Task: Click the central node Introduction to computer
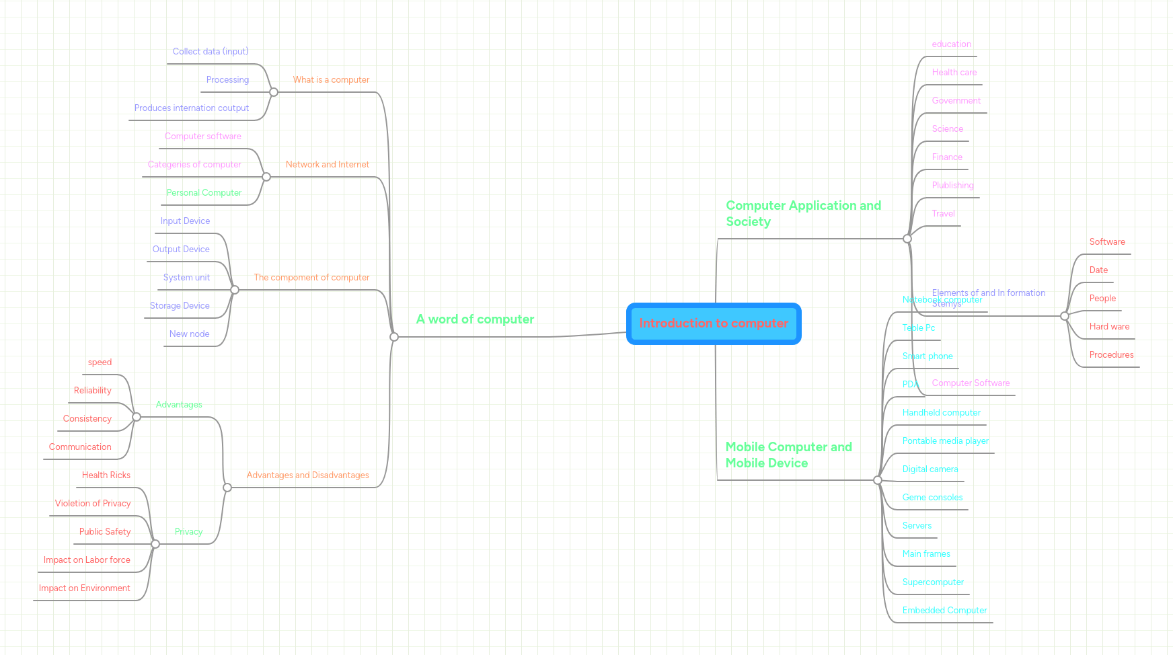point(714,323)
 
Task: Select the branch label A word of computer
point(475,319)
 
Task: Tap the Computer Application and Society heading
point(803,213)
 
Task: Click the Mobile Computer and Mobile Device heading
point(788,455)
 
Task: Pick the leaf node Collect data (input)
point(211,52)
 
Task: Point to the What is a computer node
point(331,80)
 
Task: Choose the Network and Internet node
point(328,165)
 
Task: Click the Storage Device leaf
point(180,306)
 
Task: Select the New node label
point(189,334)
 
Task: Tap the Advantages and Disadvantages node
point(307,475)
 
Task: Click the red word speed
point(100,362)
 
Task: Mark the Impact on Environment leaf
point(85,588)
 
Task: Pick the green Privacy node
point(188,532)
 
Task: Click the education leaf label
point(951,44)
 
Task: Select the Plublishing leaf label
point(952,186)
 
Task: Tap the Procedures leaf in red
point(1111,355)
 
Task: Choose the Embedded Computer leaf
point(944,611)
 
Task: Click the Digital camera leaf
point(930,469)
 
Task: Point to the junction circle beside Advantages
point(137,417)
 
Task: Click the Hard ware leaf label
point(1109,327)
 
